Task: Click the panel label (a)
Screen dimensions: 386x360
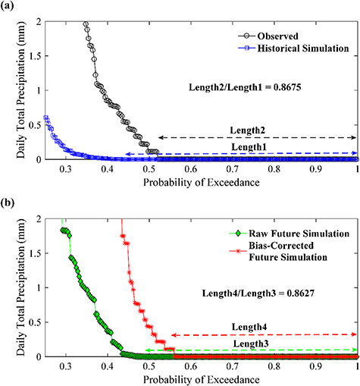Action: click(10, 8)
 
